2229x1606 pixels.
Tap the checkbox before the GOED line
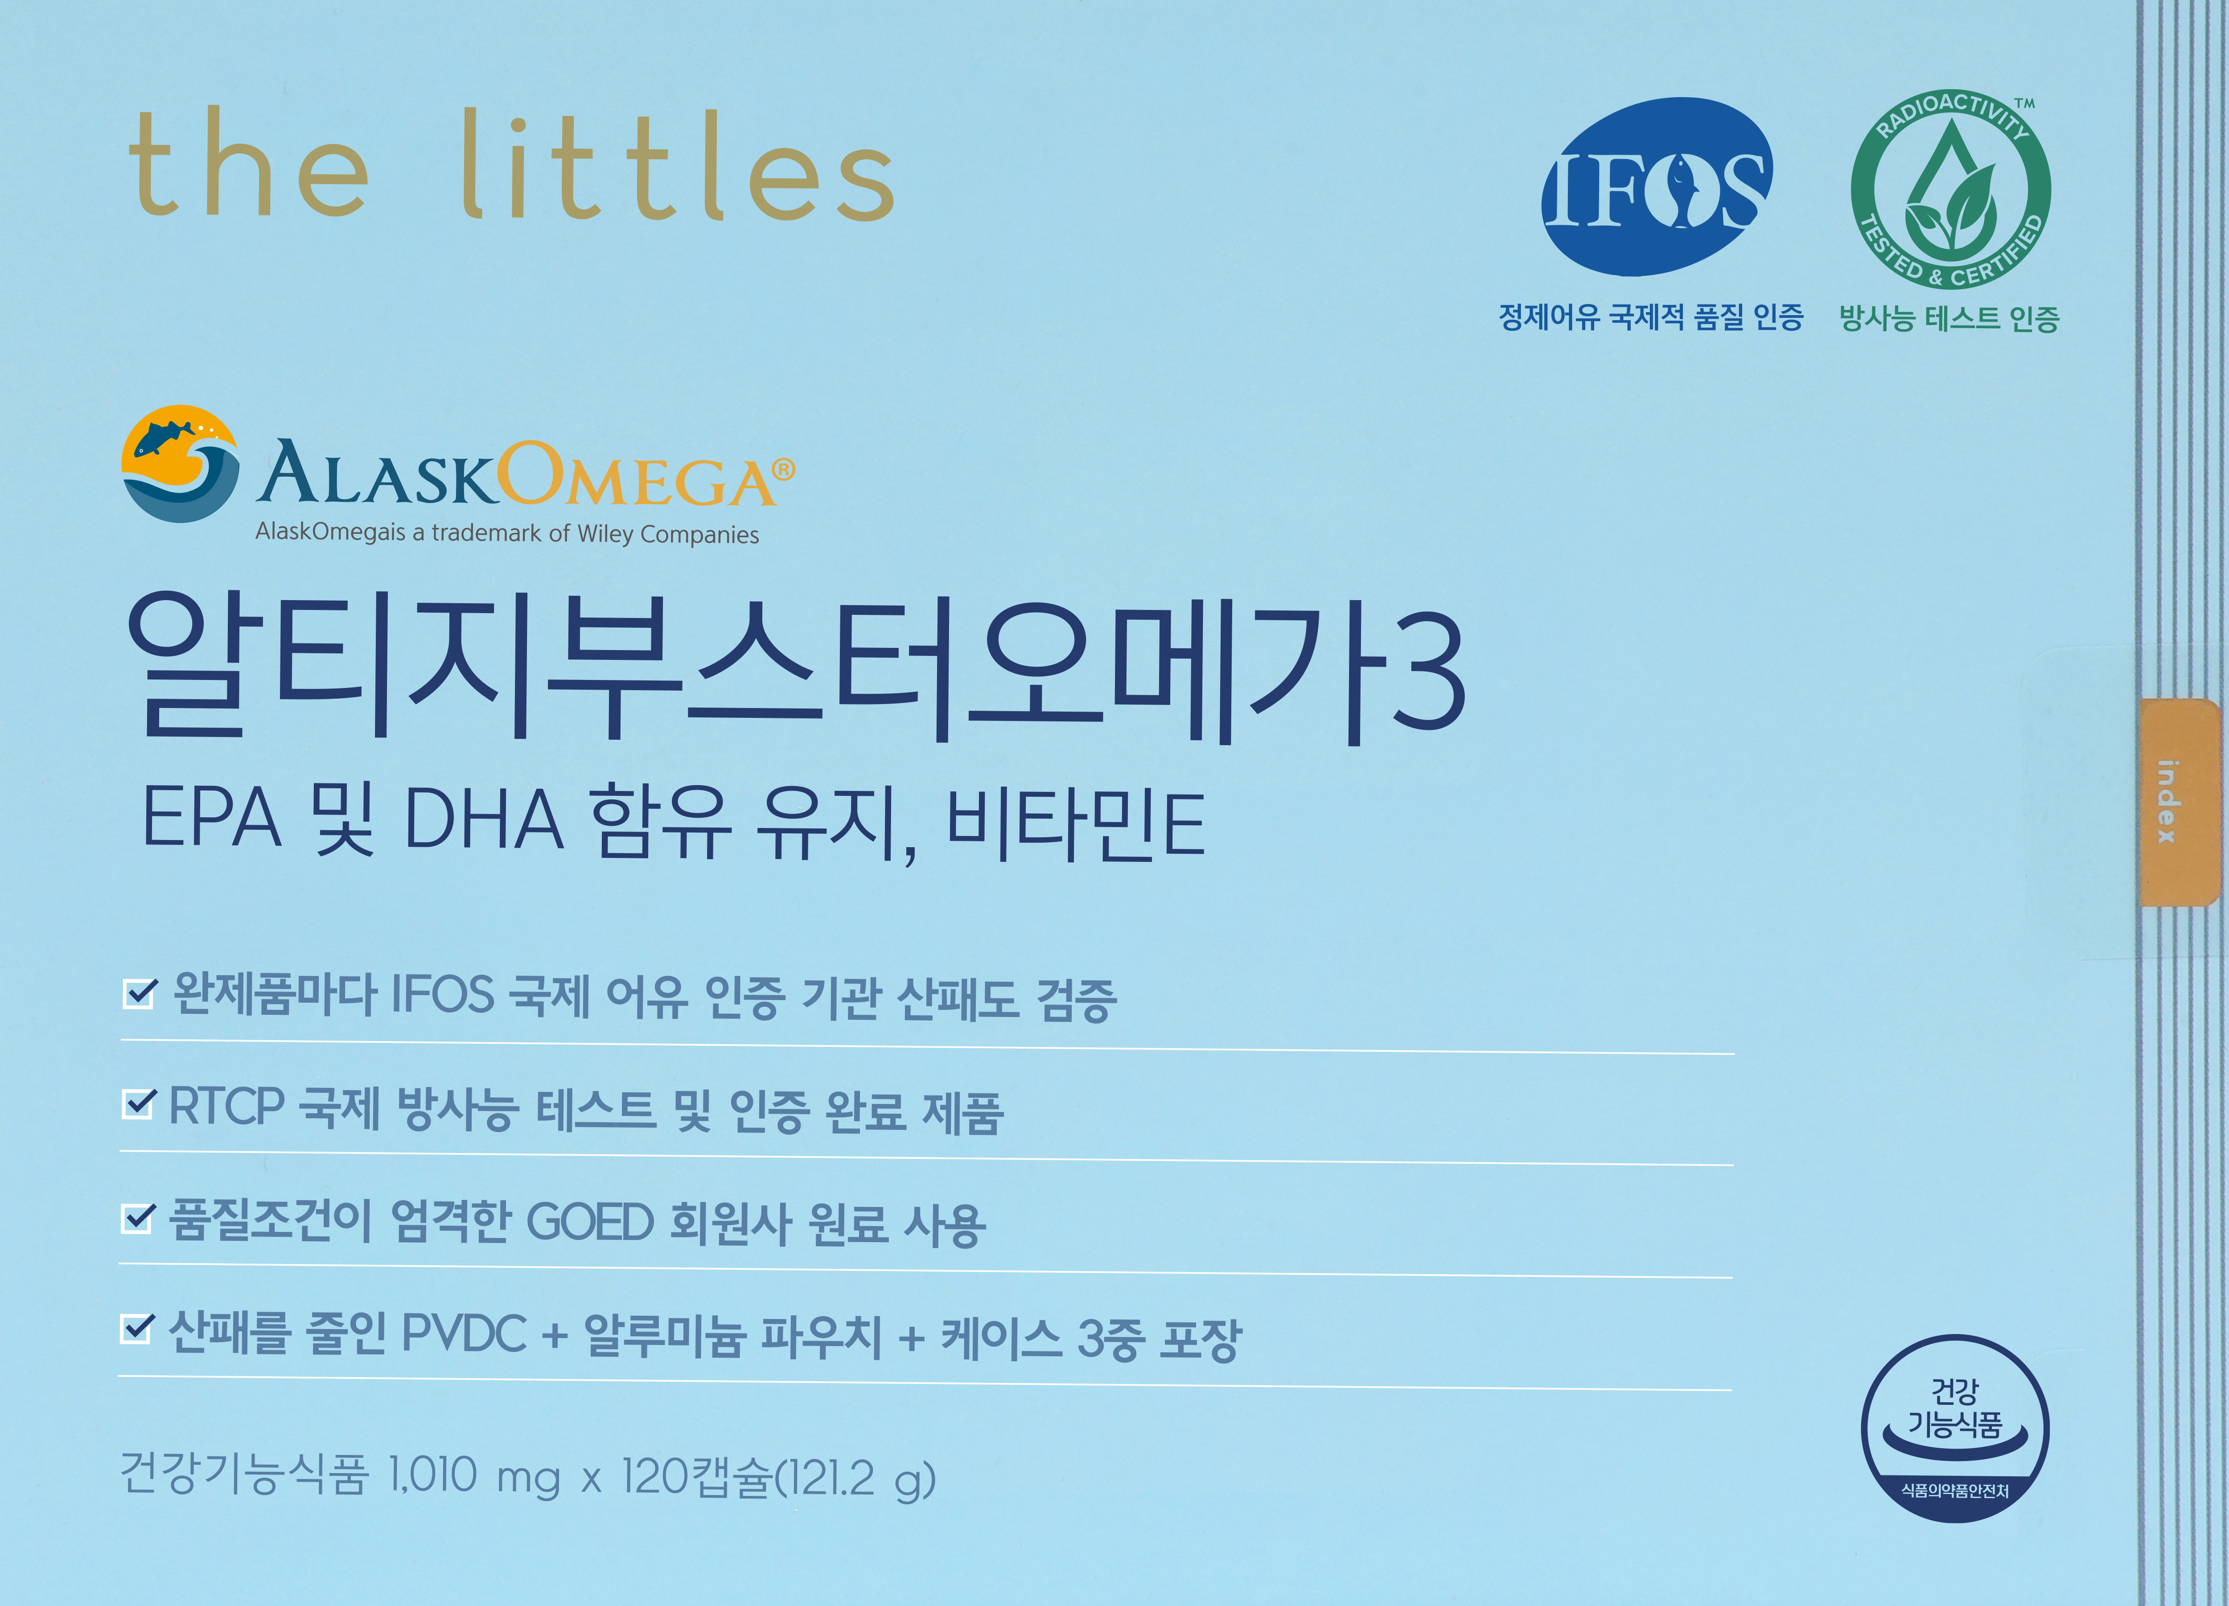coord(136,1218)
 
